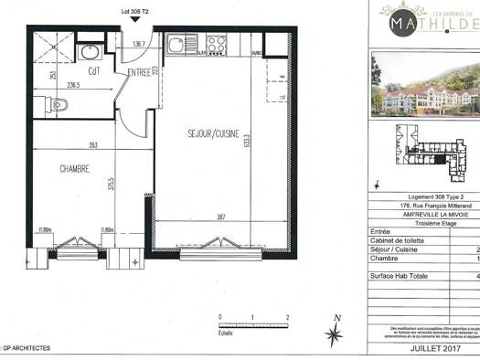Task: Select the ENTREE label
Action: [x=140, y=72]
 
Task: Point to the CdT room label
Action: [x=93, y=72]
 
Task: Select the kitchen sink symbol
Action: [x=177, y=43]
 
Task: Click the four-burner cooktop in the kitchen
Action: [x=216, y=42]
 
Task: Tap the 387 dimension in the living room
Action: [x=219, y=217]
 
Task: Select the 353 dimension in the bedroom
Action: [x=92, y=146]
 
